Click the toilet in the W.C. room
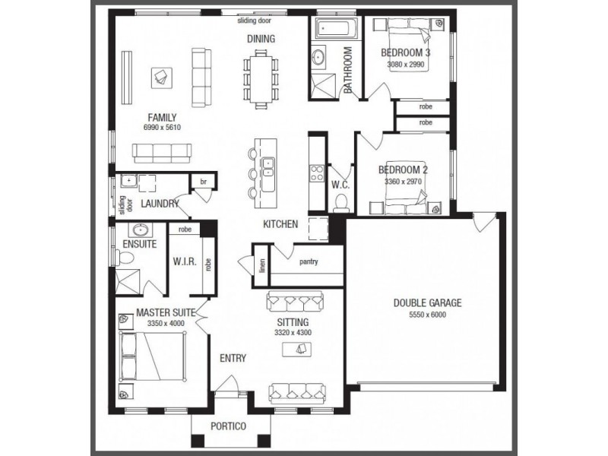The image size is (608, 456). (340, 203)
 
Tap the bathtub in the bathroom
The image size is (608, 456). (337, 28)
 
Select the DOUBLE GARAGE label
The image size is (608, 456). (427, 302)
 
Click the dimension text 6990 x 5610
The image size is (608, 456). (162, 127)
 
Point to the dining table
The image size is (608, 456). (261, 80)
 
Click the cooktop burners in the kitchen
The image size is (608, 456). (316, 173)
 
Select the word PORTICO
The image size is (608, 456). (228, 426)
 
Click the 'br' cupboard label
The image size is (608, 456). (204, 182)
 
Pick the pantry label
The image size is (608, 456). (309, 261)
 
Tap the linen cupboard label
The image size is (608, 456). (262, 265)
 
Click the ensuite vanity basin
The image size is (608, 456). (141, 230)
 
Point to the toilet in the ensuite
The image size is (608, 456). (125, 258)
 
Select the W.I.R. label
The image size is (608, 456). (185, 261)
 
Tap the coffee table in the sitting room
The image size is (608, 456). (296, 350)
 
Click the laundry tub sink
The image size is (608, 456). (128, 181)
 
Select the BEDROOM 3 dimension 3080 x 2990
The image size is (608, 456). (406, 65)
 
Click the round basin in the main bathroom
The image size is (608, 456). (318, 57)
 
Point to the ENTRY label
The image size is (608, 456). (233, 358)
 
